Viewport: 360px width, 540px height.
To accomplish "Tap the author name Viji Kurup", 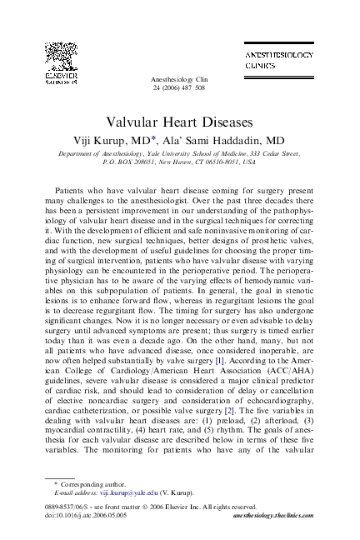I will pos(107,141).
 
